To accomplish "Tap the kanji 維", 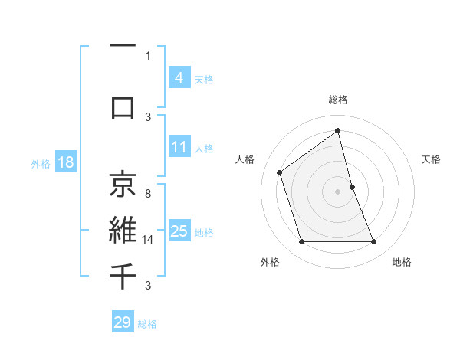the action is point(123,229).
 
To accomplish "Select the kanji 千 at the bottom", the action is point(123,274).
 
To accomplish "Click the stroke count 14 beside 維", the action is point(148,240).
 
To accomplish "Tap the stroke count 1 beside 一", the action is point(148,55).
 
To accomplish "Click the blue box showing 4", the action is point(179,78).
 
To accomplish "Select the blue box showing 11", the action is point(179,147).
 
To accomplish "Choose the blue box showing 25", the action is point(179,231).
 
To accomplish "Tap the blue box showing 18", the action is point(65,162).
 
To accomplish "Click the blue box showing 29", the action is point(122,322).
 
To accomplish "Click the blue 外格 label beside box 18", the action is point(40,163).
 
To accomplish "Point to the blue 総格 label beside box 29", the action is point(147,323).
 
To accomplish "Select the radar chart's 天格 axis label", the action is point(431,159).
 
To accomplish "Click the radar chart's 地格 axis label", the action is point(402,262).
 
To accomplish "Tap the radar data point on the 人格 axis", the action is point(280,172).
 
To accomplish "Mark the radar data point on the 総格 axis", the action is point(337,131).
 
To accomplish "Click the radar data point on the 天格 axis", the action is point(352,186).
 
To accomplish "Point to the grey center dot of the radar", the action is point(337,191).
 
